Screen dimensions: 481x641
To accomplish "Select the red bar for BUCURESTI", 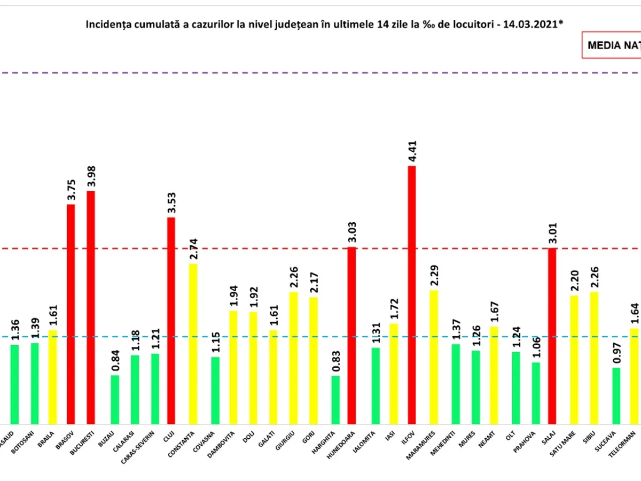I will (x=91, y=307).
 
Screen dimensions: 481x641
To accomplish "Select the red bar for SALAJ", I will (x=552, y=336).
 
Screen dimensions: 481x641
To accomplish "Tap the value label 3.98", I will (x=91, y=176).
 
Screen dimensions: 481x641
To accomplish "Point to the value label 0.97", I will (x=616, y=353).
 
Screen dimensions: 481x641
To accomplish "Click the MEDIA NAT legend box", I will (x=612, y=45).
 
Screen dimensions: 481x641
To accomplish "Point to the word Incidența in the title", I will (x=106, y=25).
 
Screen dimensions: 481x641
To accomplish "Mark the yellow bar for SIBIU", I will (x=593, y=358).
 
